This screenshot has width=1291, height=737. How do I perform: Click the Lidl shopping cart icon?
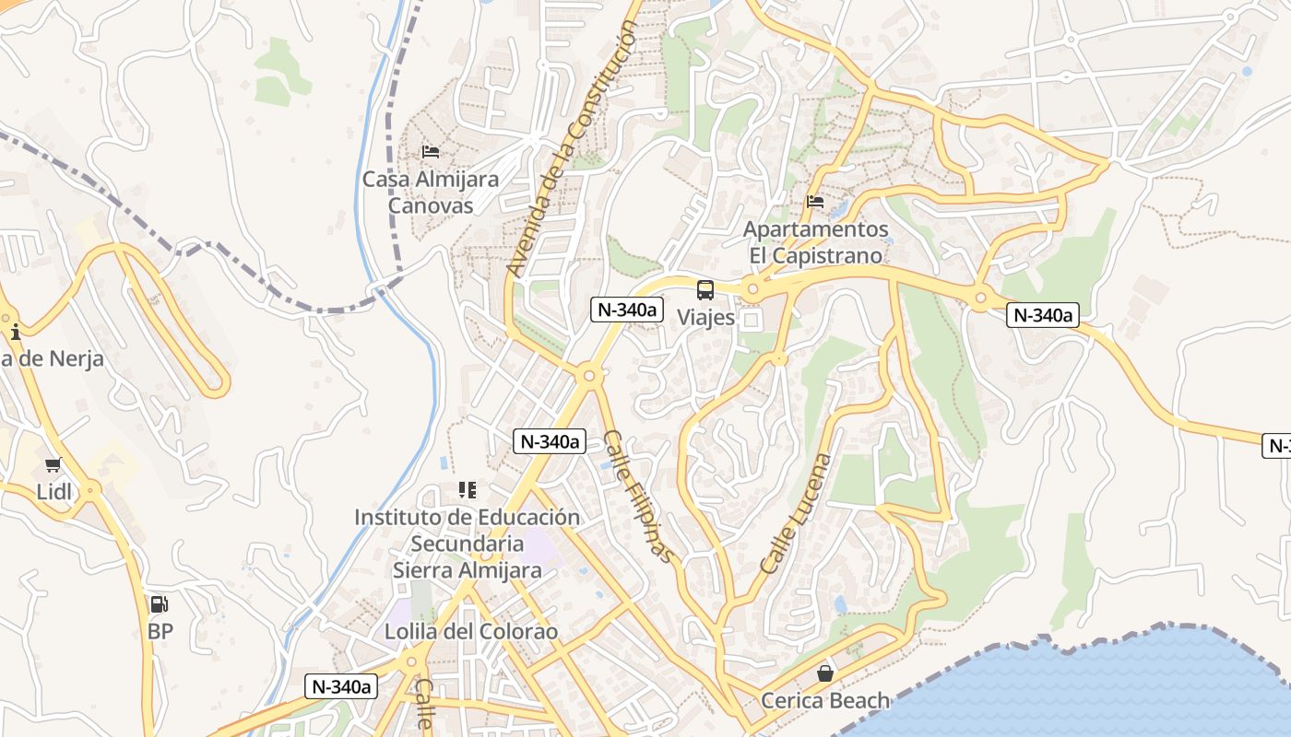point(53,464)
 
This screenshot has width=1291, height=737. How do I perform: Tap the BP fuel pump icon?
point(160,604)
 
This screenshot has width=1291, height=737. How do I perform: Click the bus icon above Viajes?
point(705,290)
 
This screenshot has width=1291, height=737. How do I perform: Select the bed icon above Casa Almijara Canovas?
point(431,151)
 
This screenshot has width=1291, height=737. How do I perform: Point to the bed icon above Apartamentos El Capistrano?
point(815,201)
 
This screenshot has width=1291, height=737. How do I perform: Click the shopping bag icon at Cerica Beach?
point(825,673)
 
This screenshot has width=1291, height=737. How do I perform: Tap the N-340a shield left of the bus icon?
point(627,310)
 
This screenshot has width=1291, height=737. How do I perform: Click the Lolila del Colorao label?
point(471,632)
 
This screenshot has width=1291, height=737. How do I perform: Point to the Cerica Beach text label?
point(825,701)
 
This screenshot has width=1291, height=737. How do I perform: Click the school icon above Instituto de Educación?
point(468,490)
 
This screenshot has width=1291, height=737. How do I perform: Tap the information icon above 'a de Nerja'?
point(14,330)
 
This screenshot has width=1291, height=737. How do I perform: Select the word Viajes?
point(706,318)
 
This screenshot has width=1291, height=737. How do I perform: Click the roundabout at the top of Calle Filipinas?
point(589,375)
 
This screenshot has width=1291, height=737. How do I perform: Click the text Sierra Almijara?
point(468,570)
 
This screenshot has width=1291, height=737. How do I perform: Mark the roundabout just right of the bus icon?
point(753,291)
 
